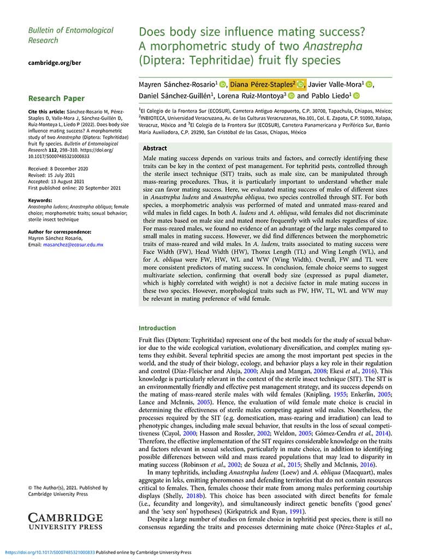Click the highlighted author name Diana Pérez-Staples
click(x=262, y=84)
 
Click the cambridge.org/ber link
click(x=55, y=63)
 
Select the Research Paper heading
click(x=56, y=98)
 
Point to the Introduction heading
click(x=157, y=328)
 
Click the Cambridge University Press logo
click(x=65, y=521)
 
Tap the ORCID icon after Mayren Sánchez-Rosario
click(x=223, y=85)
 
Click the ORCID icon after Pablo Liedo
click(x=356, y=96)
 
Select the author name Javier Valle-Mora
click(x=334, y=84)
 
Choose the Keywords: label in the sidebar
click(x=40, y=200)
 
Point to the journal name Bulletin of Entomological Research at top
click(x=71, y=35)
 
